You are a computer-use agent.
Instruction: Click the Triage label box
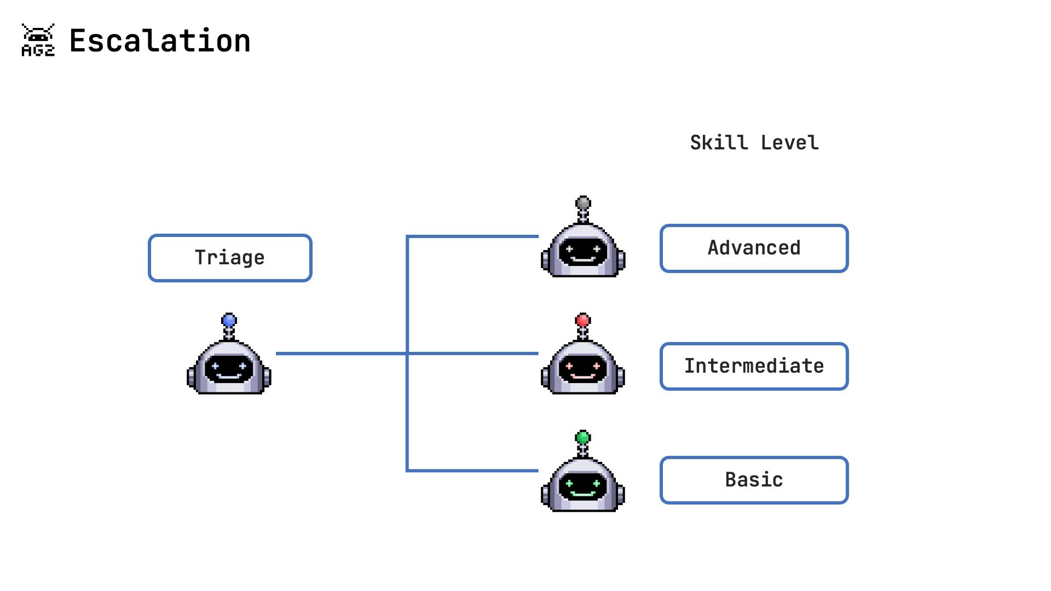pyautogui.click(x=230, y=258)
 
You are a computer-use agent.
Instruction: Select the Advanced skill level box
pyautogui.click(x=754, y=248)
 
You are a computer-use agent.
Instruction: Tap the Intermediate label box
pyautogui.click(x=754, y=366)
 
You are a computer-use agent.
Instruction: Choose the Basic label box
pyautogui.click(x=754, y=480)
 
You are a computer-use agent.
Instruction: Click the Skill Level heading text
pyautogui.click(x=754, y=143)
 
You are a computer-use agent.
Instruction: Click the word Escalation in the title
pyautogui.click(x=160, y=41)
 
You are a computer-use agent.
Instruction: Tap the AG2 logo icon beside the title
pyautogui.click(x=38, y=40)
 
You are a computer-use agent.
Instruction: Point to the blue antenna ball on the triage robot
pyautogui.click(x=229, y=320)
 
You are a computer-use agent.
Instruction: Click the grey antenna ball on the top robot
pyautogui.click(x=583, y=203)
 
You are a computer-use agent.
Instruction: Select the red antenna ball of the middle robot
pyautogui.click(x=583, y=320)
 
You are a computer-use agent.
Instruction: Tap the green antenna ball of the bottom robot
pyautogui.click(x=583, y=437)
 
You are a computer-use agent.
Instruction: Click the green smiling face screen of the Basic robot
pyautogui.click(x=583, y=485)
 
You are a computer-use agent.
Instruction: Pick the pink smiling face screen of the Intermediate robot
pyautogui.click(x=583, y=368)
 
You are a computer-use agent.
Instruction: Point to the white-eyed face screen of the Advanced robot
pyautogui.click(x=583, y=252)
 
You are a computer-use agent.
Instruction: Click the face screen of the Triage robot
pyautogui.click(x=229, y=368)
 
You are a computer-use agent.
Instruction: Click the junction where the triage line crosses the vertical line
pyautogui.click(x=407, y=354)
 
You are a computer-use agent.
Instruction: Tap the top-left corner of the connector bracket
pyautogui.click(x=408, y=237)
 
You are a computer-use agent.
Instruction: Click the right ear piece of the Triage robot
pyautogui.click(x=267, y=377)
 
